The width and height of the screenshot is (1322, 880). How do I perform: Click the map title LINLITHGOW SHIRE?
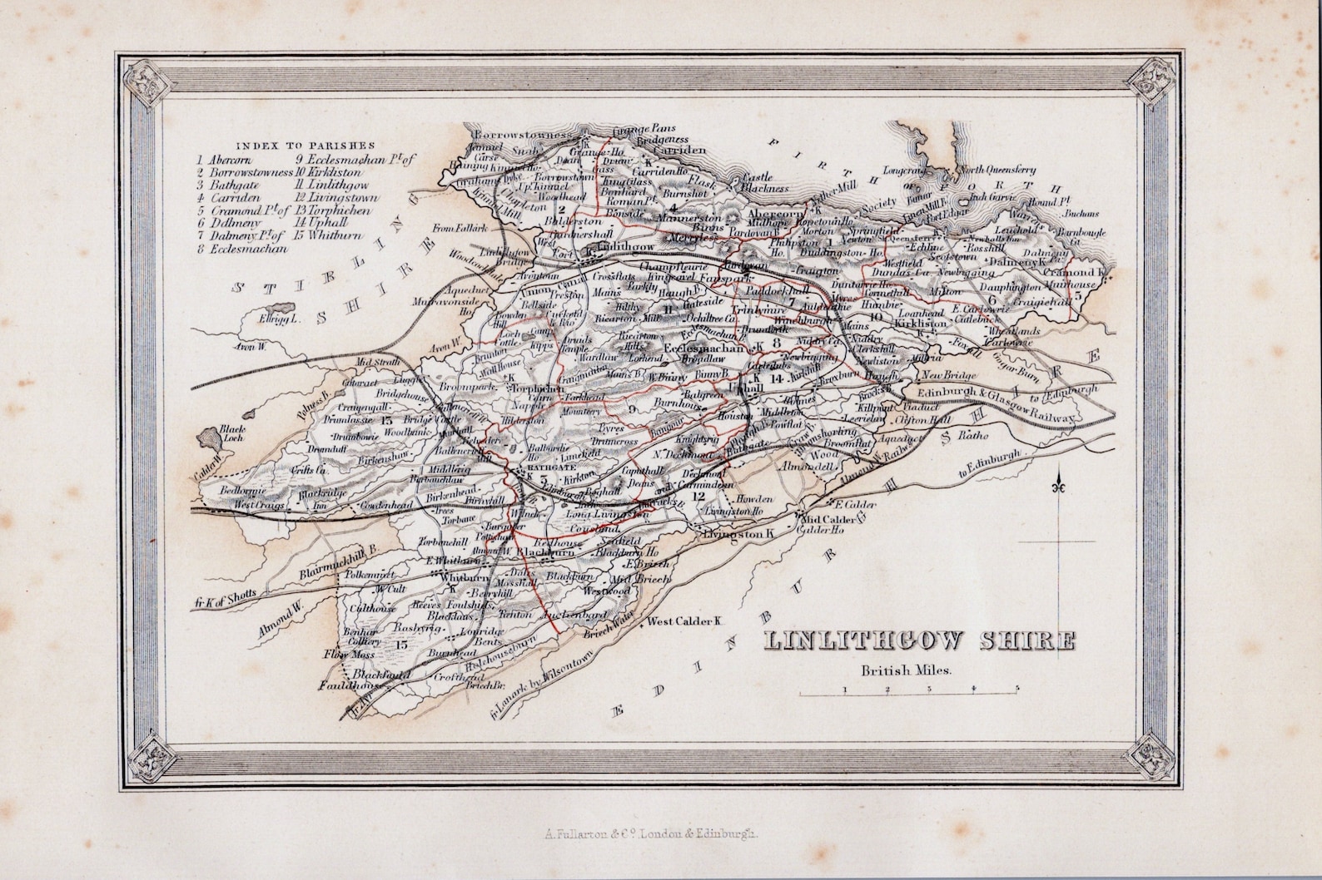(919, 641)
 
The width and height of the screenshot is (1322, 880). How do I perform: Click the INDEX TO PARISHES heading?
(305, 144)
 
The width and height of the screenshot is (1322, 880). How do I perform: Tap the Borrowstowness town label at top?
(522, 133)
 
